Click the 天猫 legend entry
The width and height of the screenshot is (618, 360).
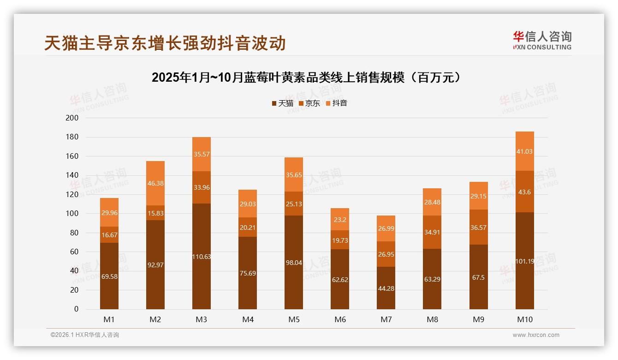(x=282, y=103)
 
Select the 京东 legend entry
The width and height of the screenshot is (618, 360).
(x=309, y=103)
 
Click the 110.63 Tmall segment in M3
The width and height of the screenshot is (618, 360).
(x=202, y=257)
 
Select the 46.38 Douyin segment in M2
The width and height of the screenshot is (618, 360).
(x=155, y=183)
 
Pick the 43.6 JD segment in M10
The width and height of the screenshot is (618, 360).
(x=525, y=192)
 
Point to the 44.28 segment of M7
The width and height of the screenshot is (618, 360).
(x=386, y=288)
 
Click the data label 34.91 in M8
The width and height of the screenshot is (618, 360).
(x=432, y=233)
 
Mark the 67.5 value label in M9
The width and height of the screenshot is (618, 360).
(x=479, y=277)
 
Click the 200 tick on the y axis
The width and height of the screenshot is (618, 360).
(x=72, y=118)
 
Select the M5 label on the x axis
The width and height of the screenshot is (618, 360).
(x=294, y=319)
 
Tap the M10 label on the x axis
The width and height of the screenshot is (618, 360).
(x=525, y=319)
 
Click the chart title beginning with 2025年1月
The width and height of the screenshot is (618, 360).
(x=306, y=78)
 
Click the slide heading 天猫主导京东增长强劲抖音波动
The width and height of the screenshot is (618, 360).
(x=165, y=43)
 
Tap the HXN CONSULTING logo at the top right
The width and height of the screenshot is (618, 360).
(x=542, y=41)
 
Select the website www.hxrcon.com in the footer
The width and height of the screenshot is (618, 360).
(x=536, y=335)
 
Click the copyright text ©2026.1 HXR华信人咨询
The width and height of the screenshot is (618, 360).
(x=85, y=335)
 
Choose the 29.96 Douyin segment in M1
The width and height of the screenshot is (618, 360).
(x=109, y=213)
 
